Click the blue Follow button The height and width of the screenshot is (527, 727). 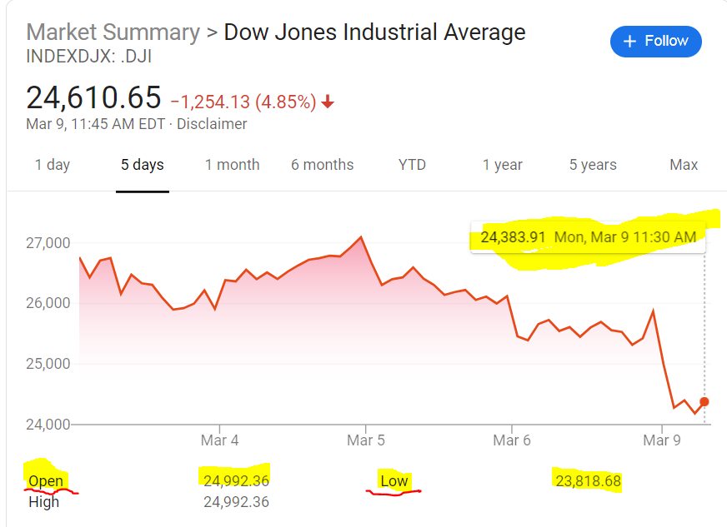click(x=655, y=41)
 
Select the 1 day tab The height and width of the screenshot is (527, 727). click(x=52, y=165)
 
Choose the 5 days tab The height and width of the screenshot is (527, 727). click(x=143, y=165)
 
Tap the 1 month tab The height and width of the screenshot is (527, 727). click(x=232, y=165)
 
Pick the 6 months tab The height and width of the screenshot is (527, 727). click(x=322, y=165)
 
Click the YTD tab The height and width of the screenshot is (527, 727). click(x=412, y=165)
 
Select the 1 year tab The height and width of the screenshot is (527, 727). click(x=503, y=165)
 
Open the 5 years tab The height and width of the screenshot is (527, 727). click(x=593, y=165)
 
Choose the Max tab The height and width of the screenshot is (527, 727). click(x=684, y=165)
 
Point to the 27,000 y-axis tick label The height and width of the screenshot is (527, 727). click(x=48, y=243)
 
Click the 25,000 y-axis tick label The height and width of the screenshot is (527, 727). click(x=48, y=364)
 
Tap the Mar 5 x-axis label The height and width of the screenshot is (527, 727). click(x=365, y=440)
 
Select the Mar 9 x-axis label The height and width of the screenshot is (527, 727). click(x=663, y=440)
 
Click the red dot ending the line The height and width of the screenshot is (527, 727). click(x=704, y=402)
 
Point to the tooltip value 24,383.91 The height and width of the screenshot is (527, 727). click(x=513, y=237)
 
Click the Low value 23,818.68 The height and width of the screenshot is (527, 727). click(x=587, y=481)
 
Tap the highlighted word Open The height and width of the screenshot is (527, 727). click(x=46, y=481)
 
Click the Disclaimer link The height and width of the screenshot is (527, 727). click(x=212, y=124)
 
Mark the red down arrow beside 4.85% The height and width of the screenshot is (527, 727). click(x=328, y=102)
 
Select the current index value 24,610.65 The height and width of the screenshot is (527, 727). click(x=93, y=98)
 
